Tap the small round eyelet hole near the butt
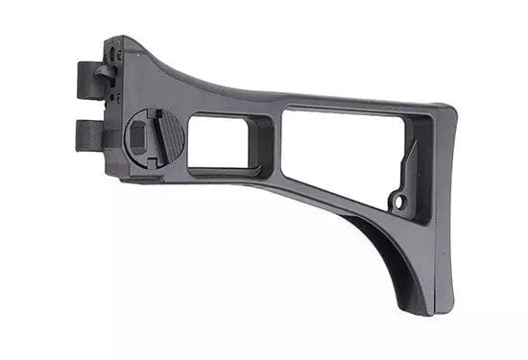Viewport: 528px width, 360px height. pyautogui.click(x=400, y=202)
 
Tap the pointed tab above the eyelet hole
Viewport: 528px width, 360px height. pyautogui.click(x=411, y=154)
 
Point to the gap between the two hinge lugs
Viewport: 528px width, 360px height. pyautogui.click(x=88, y=105)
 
